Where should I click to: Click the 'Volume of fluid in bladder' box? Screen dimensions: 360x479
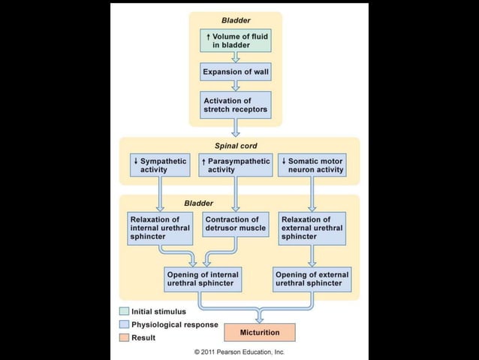(235, 40)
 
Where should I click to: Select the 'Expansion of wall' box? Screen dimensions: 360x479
(235, 72)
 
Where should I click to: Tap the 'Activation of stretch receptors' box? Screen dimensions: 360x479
(235, 104)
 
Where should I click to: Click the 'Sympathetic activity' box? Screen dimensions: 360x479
(159, 165)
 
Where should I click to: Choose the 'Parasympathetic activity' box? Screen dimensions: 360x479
(236, 165)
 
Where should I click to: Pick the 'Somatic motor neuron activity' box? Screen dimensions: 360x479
(312, 165)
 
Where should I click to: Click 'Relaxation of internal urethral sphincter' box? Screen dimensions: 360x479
(159, 228)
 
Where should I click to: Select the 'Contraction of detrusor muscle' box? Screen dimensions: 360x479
(236, 224)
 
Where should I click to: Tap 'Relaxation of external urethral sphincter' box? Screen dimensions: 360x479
(312, 228)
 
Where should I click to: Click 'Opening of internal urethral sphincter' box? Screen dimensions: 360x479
(202, 279)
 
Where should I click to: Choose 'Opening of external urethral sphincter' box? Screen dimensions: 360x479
(312, 279)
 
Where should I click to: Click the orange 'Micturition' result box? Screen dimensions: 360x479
(259, 332)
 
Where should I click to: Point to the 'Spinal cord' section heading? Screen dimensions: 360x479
(236, 145)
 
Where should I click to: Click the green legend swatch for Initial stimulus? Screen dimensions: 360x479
(124, 311)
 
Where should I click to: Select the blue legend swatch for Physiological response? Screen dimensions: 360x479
(124, 325)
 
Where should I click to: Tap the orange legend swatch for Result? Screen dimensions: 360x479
(124, 337)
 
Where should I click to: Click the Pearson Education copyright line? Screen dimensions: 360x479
(239, 351)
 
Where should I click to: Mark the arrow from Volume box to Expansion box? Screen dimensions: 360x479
(235, 56)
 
